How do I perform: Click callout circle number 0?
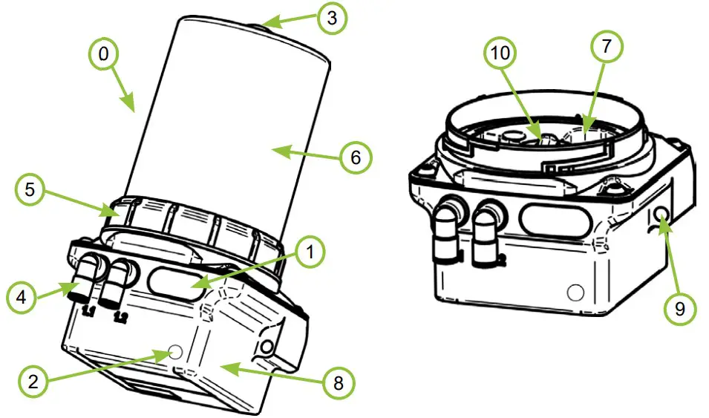coord(104,55)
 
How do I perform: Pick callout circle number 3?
coord(332,19)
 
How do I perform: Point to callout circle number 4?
coord(22,298)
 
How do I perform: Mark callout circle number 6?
coord(356,158)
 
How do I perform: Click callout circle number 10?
coord(503,53)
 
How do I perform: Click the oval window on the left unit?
coord(175,285)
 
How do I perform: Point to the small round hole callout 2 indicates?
coord(175,351)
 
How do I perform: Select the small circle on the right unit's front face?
coord(575,292)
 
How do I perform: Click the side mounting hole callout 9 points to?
coord(659,215)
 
